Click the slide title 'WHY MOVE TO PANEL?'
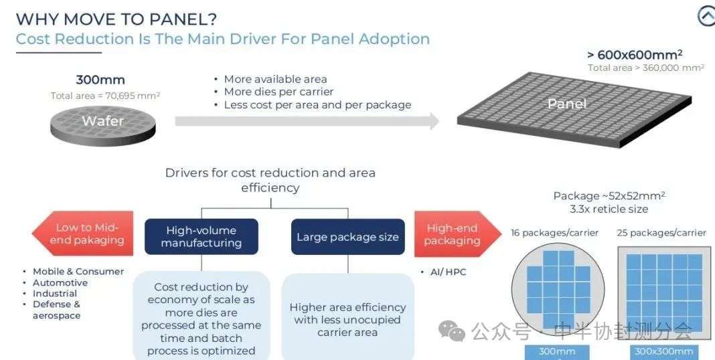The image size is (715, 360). (x=116, y=19)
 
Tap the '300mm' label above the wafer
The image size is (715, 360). (x=100, y=80)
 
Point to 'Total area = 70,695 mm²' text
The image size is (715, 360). (x=105, y=96)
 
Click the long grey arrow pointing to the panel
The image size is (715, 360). (x=307, y=121)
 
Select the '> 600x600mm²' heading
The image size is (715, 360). (x=635, y=55)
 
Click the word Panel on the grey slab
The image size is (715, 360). (x=567, y=104)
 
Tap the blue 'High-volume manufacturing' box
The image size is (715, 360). (x=201, y=236)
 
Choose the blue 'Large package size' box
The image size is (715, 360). (x=348, y=236)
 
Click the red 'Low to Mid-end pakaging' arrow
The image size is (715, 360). (x=82, y=234)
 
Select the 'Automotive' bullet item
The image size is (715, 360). (x=60, y=282)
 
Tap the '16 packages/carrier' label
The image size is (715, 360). (x=554, y=233)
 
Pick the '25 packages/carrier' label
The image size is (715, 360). (x=661, y=233)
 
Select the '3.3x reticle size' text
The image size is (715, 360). (x=609, y=209)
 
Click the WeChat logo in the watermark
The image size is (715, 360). (x=451, y=331)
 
